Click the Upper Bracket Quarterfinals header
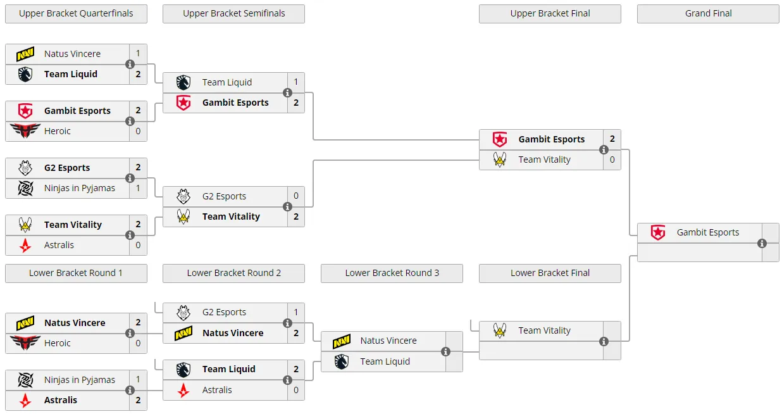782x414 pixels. [76, 14]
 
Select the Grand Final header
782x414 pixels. [708, 14]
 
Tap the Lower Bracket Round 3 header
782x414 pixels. [392, 273]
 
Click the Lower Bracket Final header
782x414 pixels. [550, 273]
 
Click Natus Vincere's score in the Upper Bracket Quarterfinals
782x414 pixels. [139, 53]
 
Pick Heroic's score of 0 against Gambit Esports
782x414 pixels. [139, 131]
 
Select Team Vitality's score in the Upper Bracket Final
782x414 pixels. [612, 160]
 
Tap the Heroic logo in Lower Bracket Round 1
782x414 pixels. [25, 342]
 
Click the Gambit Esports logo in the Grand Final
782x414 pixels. [658, 232]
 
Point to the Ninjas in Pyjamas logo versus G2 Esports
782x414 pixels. [25, 188]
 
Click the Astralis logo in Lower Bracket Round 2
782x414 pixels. [183, 390]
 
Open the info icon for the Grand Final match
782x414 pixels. [762, 244]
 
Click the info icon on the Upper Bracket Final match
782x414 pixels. [604, 150]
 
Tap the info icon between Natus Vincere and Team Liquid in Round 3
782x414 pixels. [446, 352]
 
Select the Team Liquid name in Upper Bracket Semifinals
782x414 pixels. [227, 82]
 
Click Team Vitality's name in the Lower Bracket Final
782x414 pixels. [544, 330]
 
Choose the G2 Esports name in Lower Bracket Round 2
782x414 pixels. [224, 312]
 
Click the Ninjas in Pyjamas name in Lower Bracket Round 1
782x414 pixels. [80, 380]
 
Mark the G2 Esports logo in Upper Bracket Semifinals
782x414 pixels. [183, 196]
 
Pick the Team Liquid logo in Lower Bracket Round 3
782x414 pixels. [342, 361]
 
